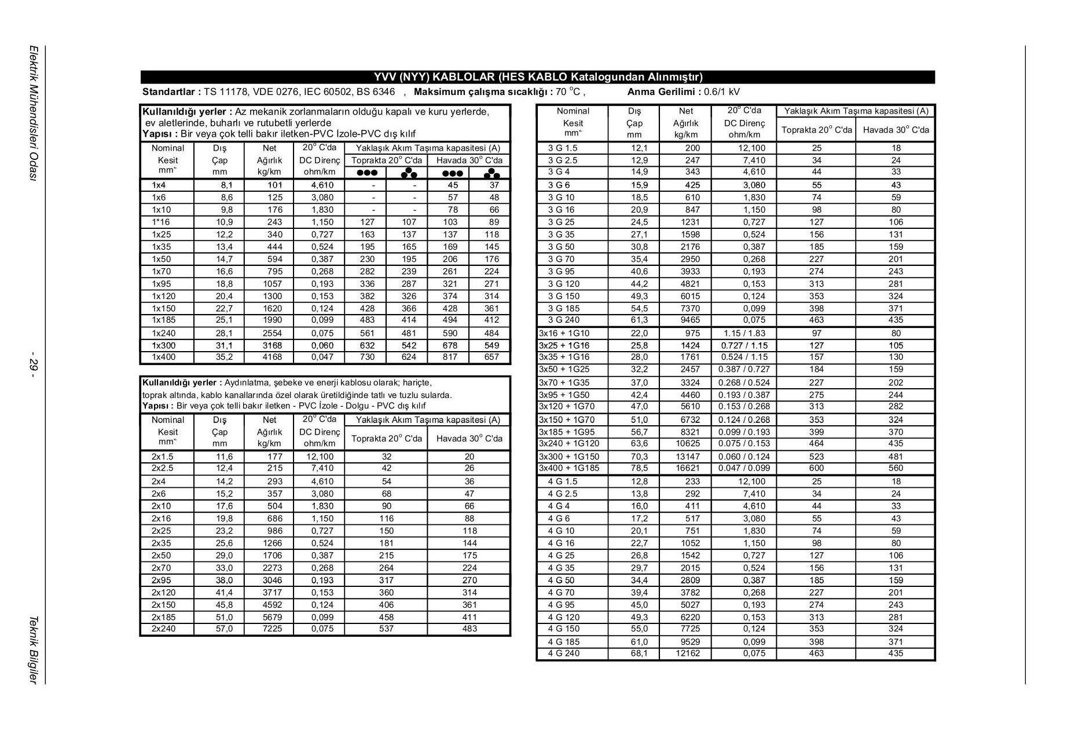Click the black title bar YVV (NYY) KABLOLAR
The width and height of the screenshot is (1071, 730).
[537, 77]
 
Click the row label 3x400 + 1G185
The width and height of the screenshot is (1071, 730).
[569, 468]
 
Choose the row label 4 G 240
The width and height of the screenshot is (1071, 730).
[563, 654]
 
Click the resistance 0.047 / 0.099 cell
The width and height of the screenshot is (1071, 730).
[744, 468]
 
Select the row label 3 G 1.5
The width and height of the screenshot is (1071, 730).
[563, 148]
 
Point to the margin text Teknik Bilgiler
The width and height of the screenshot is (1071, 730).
[34, 649]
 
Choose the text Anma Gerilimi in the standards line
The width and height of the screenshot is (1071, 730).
[663, 92]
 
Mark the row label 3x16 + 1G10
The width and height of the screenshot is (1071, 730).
[564, 333]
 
